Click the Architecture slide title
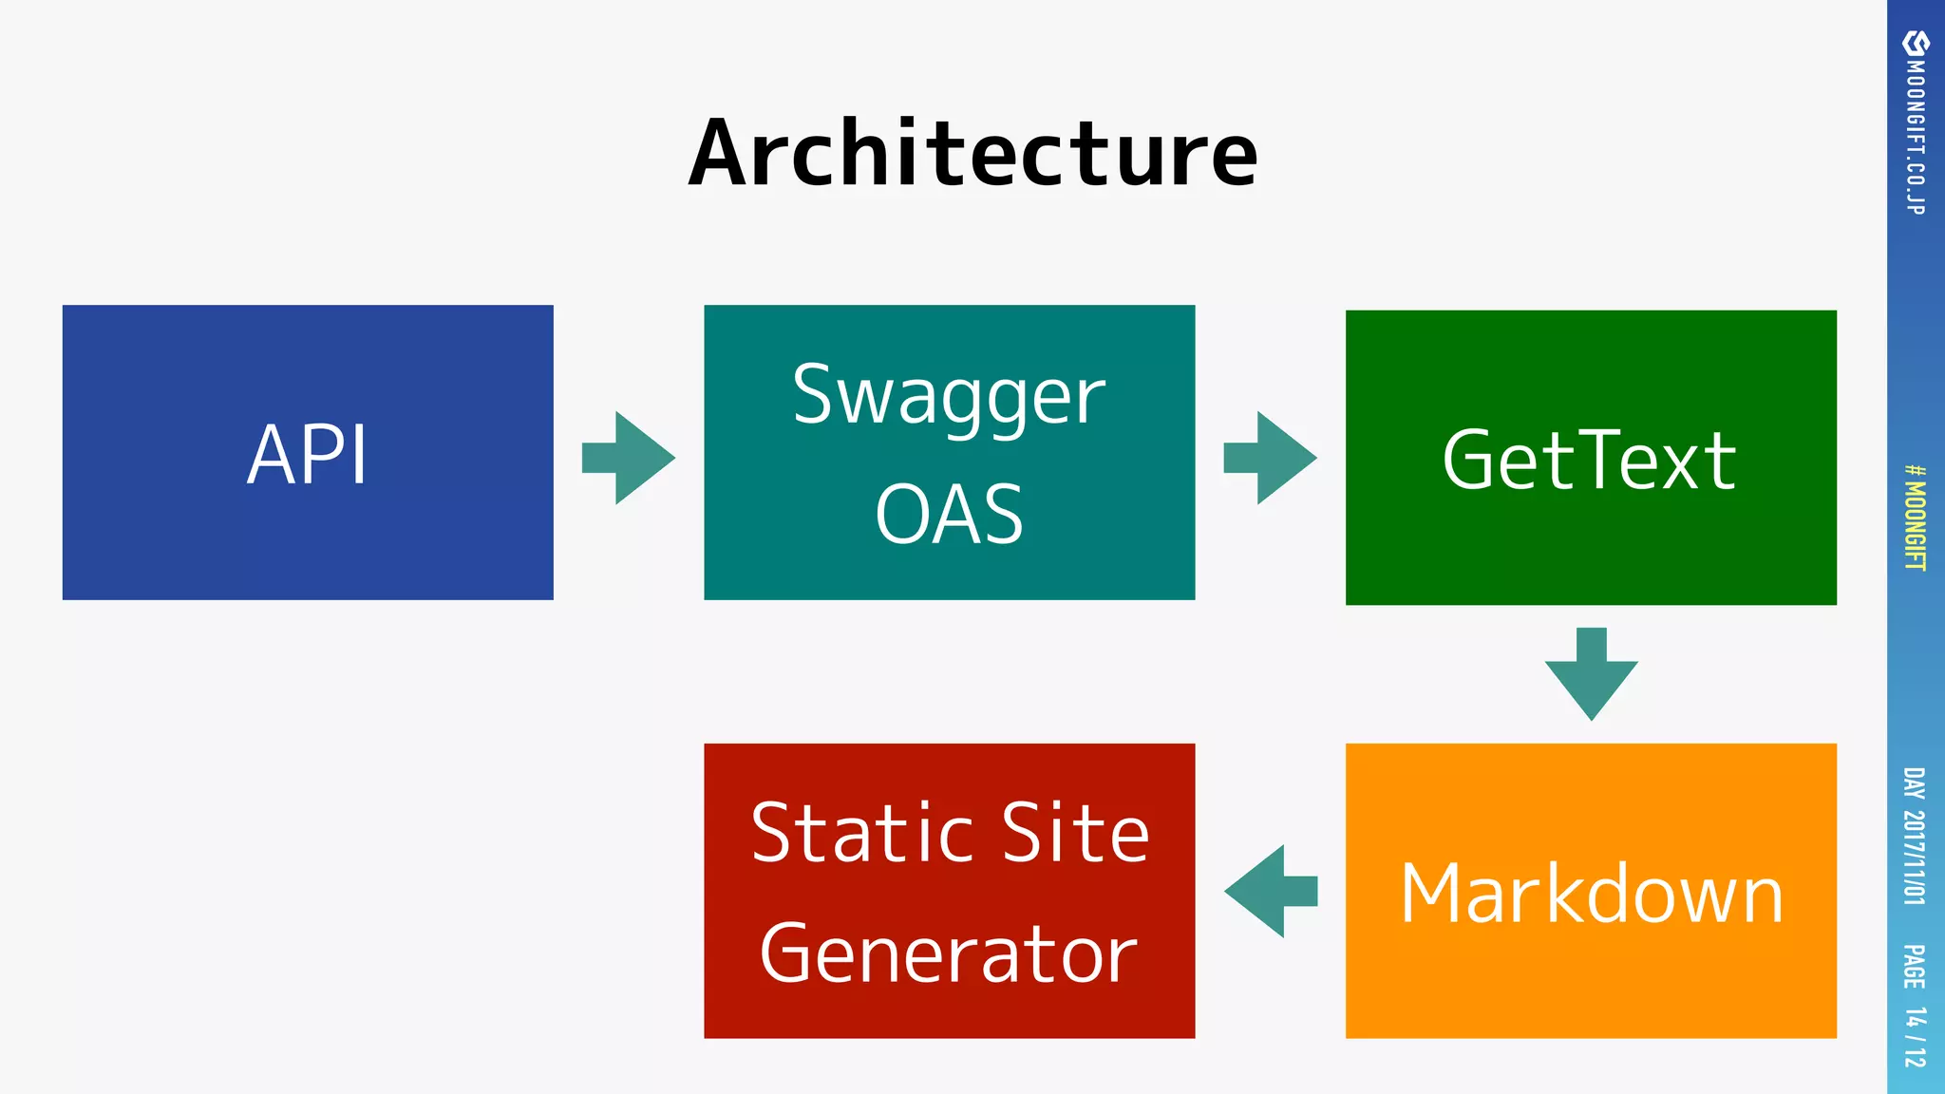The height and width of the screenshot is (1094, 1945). click(x=972, y=154)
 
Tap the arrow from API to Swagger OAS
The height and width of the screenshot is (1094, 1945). click(x=630, y=458)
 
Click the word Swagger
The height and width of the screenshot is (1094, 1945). click(x=949, y=397)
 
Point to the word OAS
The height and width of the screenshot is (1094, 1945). click(x=949, y=515)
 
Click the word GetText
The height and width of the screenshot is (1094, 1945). click(x=1590, y=461)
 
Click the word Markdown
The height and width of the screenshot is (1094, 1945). click(x=1592, y=895)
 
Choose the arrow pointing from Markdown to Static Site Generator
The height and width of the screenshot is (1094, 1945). click(x=1270, y=891)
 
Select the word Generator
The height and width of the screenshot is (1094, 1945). click(x=949, y=955)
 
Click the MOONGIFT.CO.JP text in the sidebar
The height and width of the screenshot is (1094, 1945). click(x=1916, y=138)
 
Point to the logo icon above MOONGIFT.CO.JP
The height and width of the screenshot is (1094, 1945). click(x=1916, y=44)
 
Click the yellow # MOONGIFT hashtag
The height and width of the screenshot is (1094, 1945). click(x=1916, y=518)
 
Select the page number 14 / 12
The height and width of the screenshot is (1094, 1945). click(x=1916, y=1037)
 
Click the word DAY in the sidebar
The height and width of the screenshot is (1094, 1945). click(x=1916, y=783)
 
